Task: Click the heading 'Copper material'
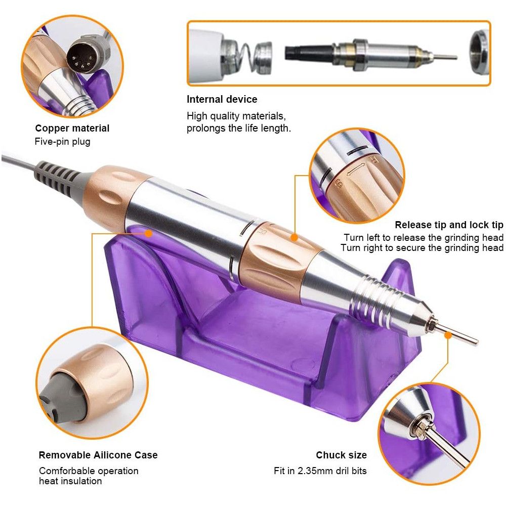[x=72, y=128]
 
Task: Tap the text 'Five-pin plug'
[x=63, y=142]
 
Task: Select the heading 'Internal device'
[x=222, y=99]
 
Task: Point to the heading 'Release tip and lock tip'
[x=449, y=225]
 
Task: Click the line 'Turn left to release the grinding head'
[x=424, y=237]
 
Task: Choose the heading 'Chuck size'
[x=341, y=455]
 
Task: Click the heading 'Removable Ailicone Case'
[x=98, y=455]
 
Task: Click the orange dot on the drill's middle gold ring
[x=293, y=237]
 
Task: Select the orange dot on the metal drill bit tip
[x=448, y=335]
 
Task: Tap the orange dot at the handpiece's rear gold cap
[x=148, y=233]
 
